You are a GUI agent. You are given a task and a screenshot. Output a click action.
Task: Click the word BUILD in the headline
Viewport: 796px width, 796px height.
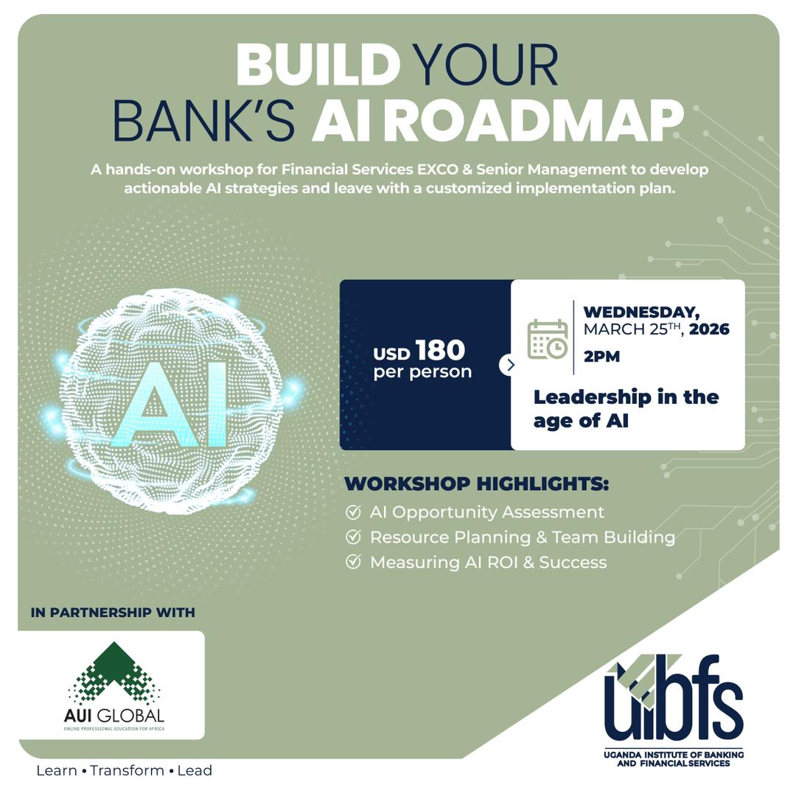pos(318,65)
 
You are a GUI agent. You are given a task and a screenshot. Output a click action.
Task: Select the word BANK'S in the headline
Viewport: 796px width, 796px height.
pos(204,120)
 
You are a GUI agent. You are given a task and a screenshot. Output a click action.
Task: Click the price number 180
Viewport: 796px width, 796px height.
pos(440,350)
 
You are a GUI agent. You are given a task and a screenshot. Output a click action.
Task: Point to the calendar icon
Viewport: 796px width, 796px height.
pos(547,340)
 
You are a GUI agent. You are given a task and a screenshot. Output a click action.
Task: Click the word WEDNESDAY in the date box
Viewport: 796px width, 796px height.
pos(640,312)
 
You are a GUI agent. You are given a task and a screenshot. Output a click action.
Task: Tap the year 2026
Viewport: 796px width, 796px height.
pos(709,329)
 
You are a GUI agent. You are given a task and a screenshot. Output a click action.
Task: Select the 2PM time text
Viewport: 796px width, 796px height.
pos(601,357)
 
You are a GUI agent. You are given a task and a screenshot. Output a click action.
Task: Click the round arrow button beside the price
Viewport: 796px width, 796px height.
pos(509,365)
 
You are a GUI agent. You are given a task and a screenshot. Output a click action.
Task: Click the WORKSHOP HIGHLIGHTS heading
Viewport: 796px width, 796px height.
pos(476,484)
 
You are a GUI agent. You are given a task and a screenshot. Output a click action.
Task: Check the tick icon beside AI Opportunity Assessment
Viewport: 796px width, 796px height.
pos(353,512)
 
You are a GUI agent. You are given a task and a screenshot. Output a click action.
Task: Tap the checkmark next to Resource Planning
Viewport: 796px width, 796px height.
pos(353,537)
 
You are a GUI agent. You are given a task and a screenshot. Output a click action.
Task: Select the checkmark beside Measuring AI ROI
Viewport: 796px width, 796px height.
pos(353,562)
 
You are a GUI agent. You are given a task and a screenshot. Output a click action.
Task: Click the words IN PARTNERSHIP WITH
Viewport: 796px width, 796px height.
pos(113,612)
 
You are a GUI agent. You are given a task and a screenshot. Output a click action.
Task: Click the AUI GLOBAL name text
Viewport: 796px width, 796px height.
pos(114,716)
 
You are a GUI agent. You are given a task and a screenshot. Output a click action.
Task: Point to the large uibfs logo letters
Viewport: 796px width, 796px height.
pos(674,700)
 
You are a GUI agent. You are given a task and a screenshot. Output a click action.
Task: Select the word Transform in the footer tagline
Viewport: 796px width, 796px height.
pos(127,771)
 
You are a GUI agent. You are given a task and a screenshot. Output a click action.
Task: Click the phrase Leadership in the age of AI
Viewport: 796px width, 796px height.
pos(625,408)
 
